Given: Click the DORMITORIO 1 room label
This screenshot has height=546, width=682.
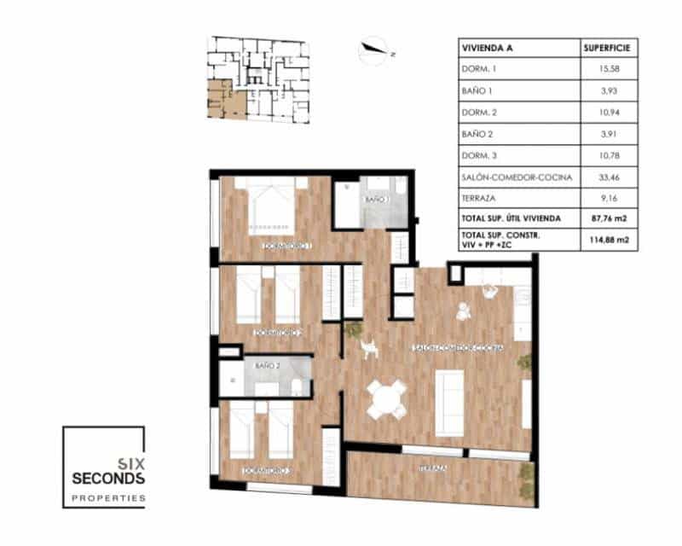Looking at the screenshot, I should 286,247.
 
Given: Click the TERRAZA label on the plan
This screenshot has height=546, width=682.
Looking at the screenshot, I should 434,468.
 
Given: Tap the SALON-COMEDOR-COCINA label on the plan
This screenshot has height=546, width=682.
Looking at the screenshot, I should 458,348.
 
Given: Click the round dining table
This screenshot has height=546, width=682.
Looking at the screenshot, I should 387,399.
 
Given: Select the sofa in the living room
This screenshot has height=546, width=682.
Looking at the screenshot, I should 448,400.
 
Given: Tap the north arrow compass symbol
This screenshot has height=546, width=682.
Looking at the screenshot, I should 374,49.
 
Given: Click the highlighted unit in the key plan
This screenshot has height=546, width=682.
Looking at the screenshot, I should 224,101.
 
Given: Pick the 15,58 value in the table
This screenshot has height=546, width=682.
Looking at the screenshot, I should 606,68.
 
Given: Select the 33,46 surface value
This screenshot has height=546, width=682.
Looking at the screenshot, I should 606,177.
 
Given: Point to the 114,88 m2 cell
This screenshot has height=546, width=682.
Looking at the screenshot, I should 606,240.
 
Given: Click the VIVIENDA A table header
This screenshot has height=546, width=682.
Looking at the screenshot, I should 488,47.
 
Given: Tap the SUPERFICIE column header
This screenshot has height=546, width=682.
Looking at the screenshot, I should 606,47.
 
